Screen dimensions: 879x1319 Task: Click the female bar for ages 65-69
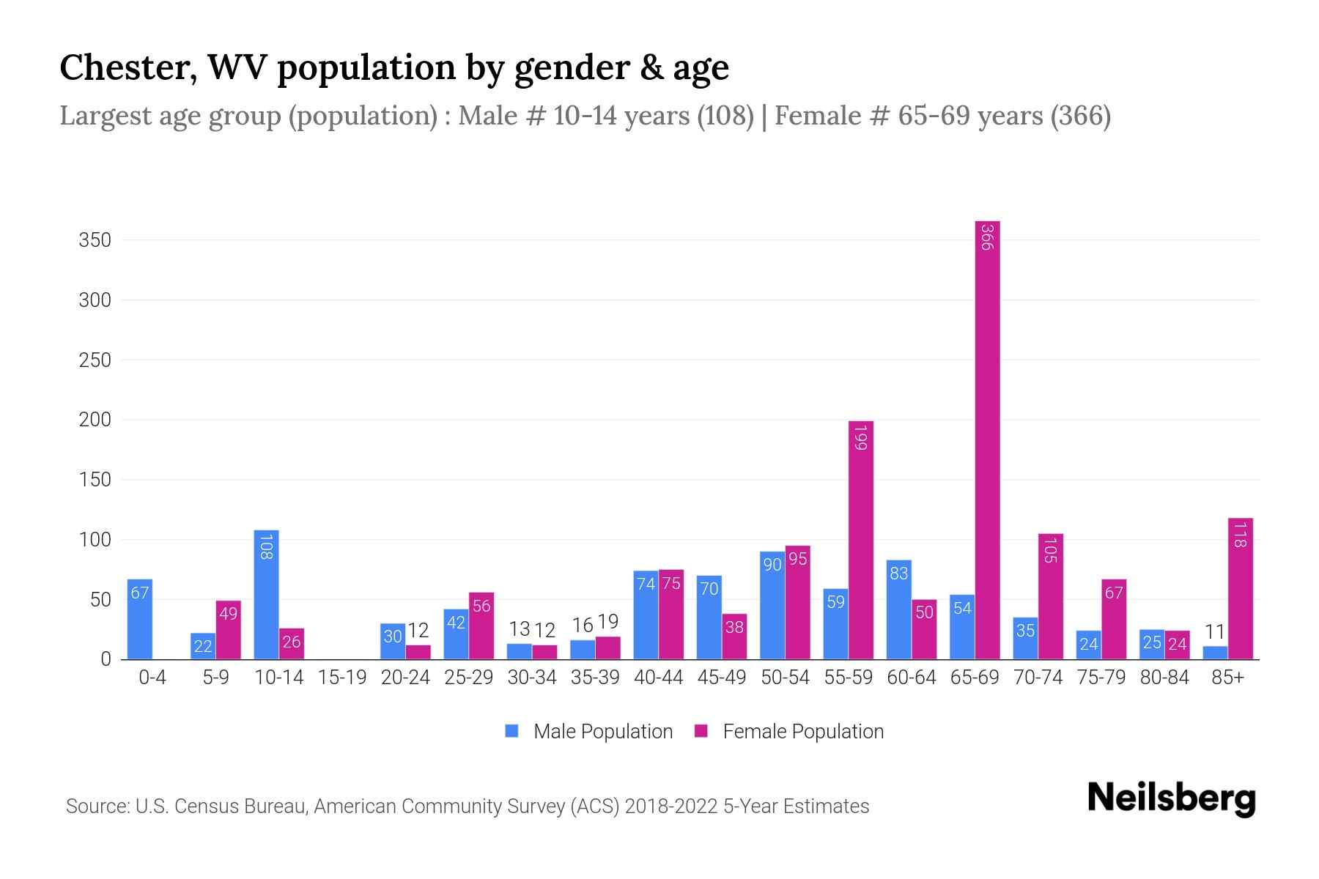987,439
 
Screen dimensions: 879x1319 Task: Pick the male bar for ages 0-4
139,620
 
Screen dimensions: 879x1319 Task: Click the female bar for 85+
1241,589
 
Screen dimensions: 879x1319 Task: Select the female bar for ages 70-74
1051,596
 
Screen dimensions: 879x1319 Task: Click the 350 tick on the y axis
95,240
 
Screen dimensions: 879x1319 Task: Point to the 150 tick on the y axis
95,480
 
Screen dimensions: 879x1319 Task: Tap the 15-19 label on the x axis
342,678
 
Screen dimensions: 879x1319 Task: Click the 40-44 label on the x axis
658,678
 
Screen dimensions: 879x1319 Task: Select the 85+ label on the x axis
1227,678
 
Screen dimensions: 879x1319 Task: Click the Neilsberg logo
1171,798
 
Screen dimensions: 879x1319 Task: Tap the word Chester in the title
128,67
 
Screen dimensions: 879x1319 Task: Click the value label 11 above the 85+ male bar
1215,631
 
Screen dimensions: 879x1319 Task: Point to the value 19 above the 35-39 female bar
607,622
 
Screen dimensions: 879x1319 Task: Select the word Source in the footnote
97,806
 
